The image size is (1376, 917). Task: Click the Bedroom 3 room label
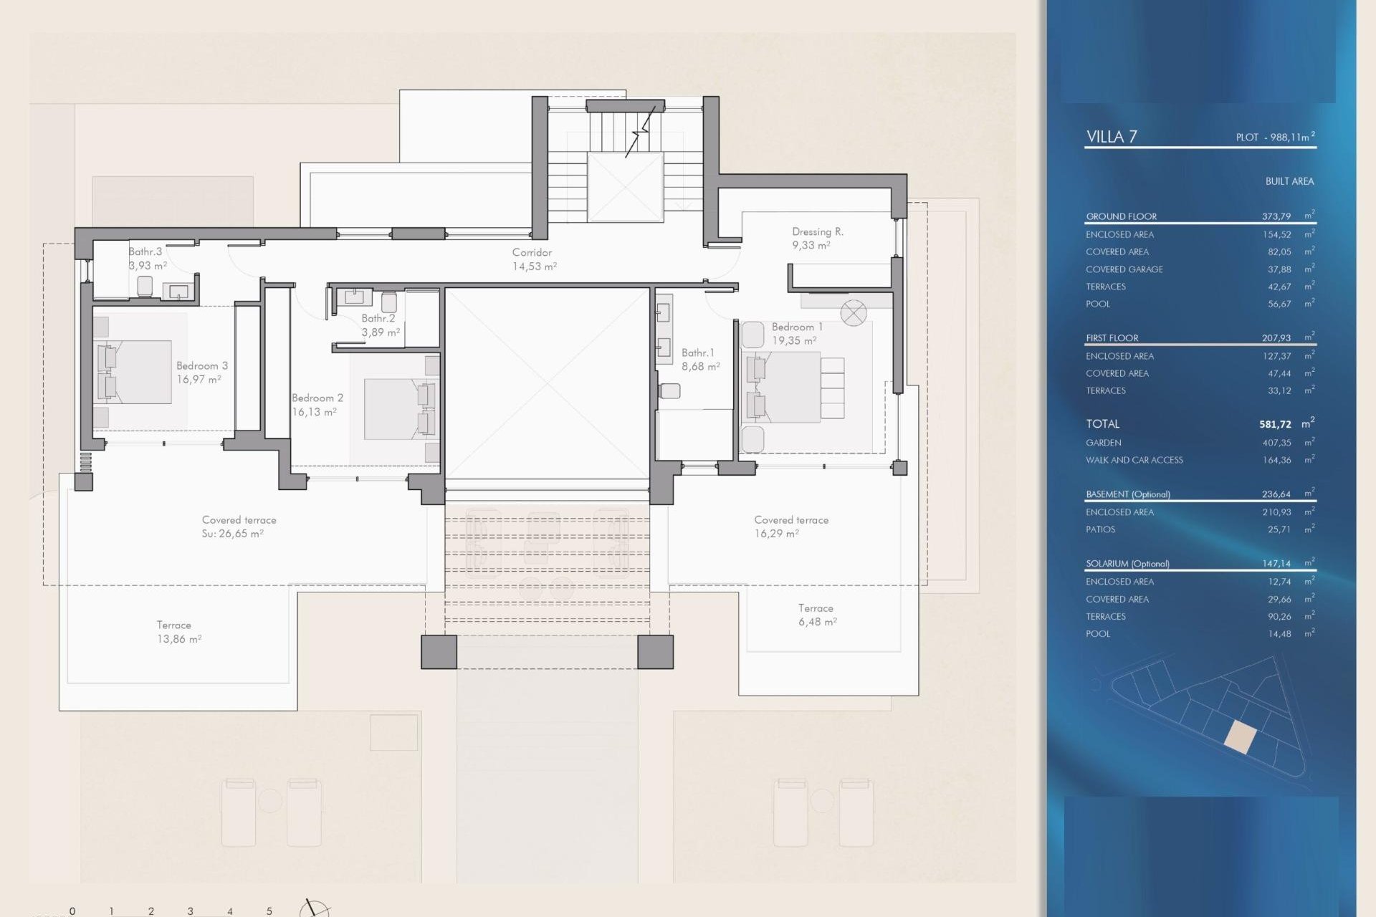(x=201, y=372)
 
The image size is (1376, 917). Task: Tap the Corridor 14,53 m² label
(x=533, y=259)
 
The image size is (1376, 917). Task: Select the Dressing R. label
(x=817, y=238)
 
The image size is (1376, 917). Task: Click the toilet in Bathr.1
(x=669, y=391)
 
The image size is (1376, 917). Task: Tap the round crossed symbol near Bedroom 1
(x=854, y=313)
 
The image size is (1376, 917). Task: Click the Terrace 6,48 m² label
(x=817, y=615)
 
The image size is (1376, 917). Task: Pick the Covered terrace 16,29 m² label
(x=790, y=526)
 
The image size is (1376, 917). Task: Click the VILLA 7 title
(x=1111, y=137)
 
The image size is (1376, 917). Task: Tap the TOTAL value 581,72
(x=1275, y=424)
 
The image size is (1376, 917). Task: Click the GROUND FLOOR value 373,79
(x=1276, y=216)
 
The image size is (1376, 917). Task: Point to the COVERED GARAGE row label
(x=1124, y=269)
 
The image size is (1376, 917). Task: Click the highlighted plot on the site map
(x=1241, y=737)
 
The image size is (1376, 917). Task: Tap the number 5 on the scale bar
(x=269, y=911)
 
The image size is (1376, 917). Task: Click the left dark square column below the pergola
(x=439, y=652)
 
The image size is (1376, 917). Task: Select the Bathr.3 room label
(x=145, y=252)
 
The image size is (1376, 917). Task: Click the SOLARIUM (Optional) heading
(x=1127, y=564)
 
